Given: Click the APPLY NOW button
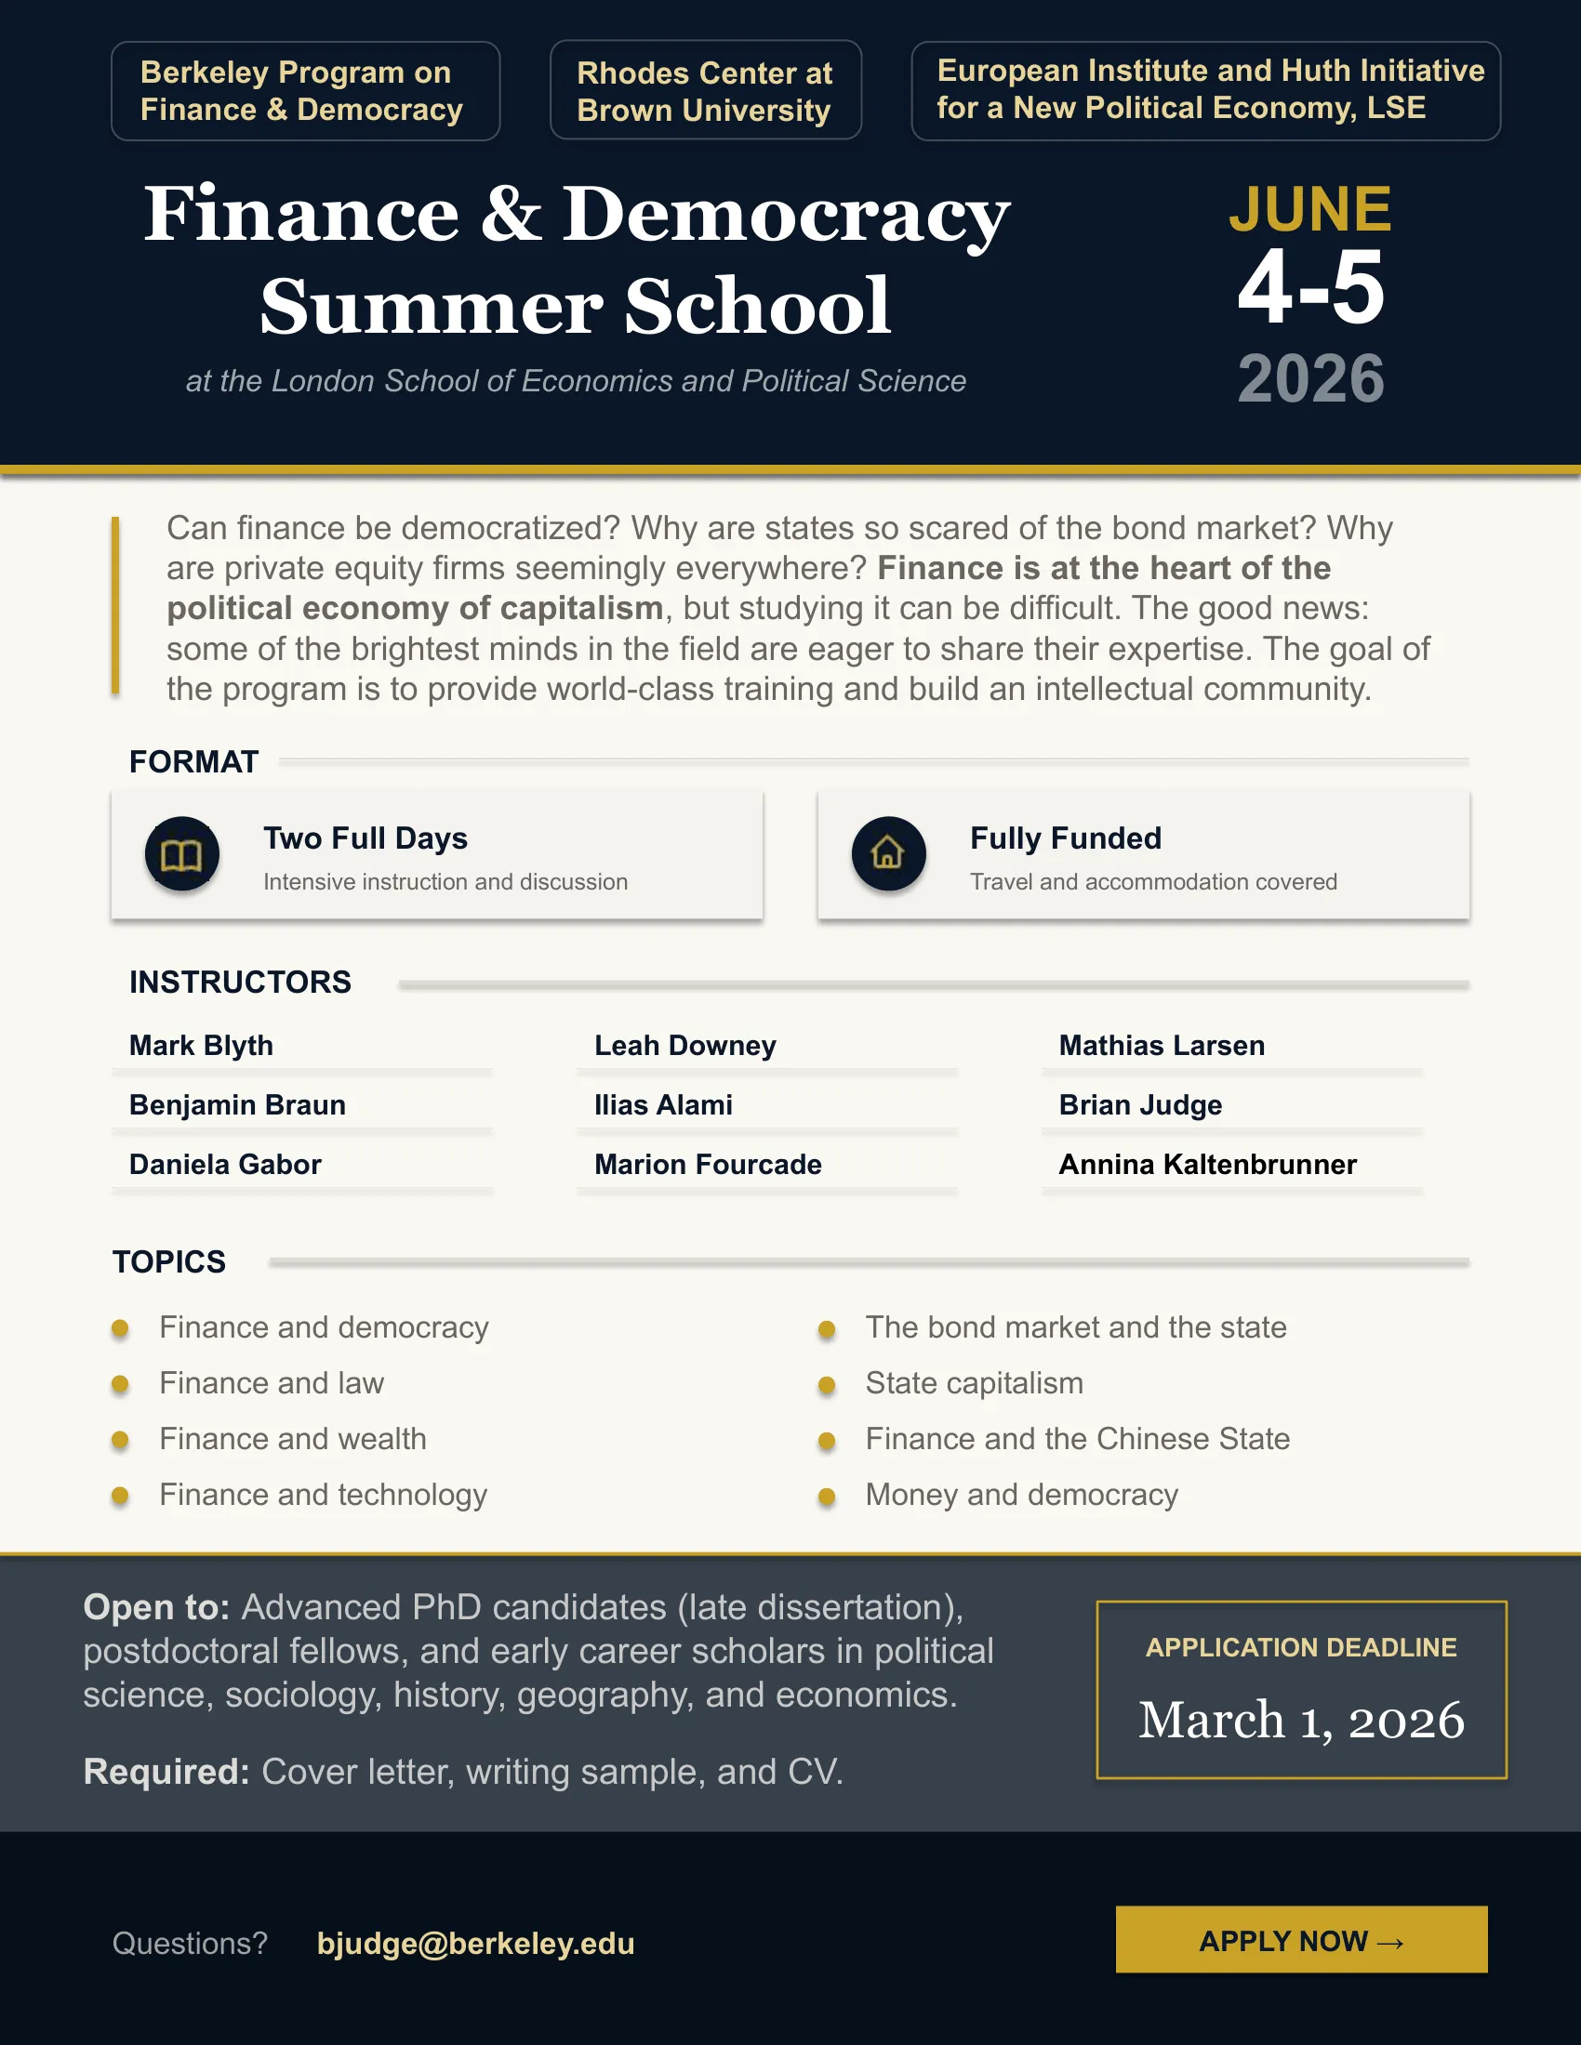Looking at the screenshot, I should tap(1301, 1940).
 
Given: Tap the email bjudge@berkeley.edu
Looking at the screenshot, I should tap(475, 1944).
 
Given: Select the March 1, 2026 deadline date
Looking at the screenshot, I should tap(1301, 1719).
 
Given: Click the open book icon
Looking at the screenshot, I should tap(181, 854).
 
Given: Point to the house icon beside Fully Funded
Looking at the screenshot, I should tap(888, 853).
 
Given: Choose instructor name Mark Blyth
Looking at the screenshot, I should tap(202, 1045).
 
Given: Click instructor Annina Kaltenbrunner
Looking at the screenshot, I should tap(1207, 1164).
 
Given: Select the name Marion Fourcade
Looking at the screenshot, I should tap(707, 1164).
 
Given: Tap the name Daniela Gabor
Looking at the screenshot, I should tap(225, 1164).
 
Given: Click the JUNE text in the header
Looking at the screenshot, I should tap(1309, 208).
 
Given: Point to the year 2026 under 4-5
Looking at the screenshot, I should tap(1310, 379).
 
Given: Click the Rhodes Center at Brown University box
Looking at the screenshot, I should tap(704, 91).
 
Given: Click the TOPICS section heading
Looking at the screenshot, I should tap(169, 1261).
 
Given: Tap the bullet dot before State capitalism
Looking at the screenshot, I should tap(826, 1385).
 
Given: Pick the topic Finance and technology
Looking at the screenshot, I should tap(323, 1495).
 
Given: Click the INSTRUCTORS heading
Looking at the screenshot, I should tap(240, 982).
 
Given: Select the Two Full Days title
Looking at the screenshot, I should tap(365, 838).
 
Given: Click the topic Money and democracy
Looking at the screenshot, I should tap(1021, 1495).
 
